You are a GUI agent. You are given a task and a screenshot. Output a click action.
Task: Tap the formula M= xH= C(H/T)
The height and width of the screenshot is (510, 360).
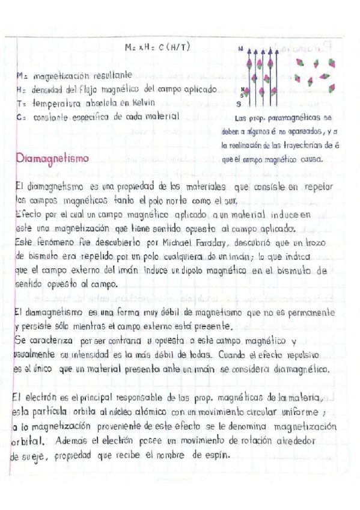(x=157, y=48)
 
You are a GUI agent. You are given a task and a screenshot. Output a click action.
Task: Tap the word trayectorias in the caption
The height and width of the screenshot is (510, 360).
(x=304, y=146)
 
